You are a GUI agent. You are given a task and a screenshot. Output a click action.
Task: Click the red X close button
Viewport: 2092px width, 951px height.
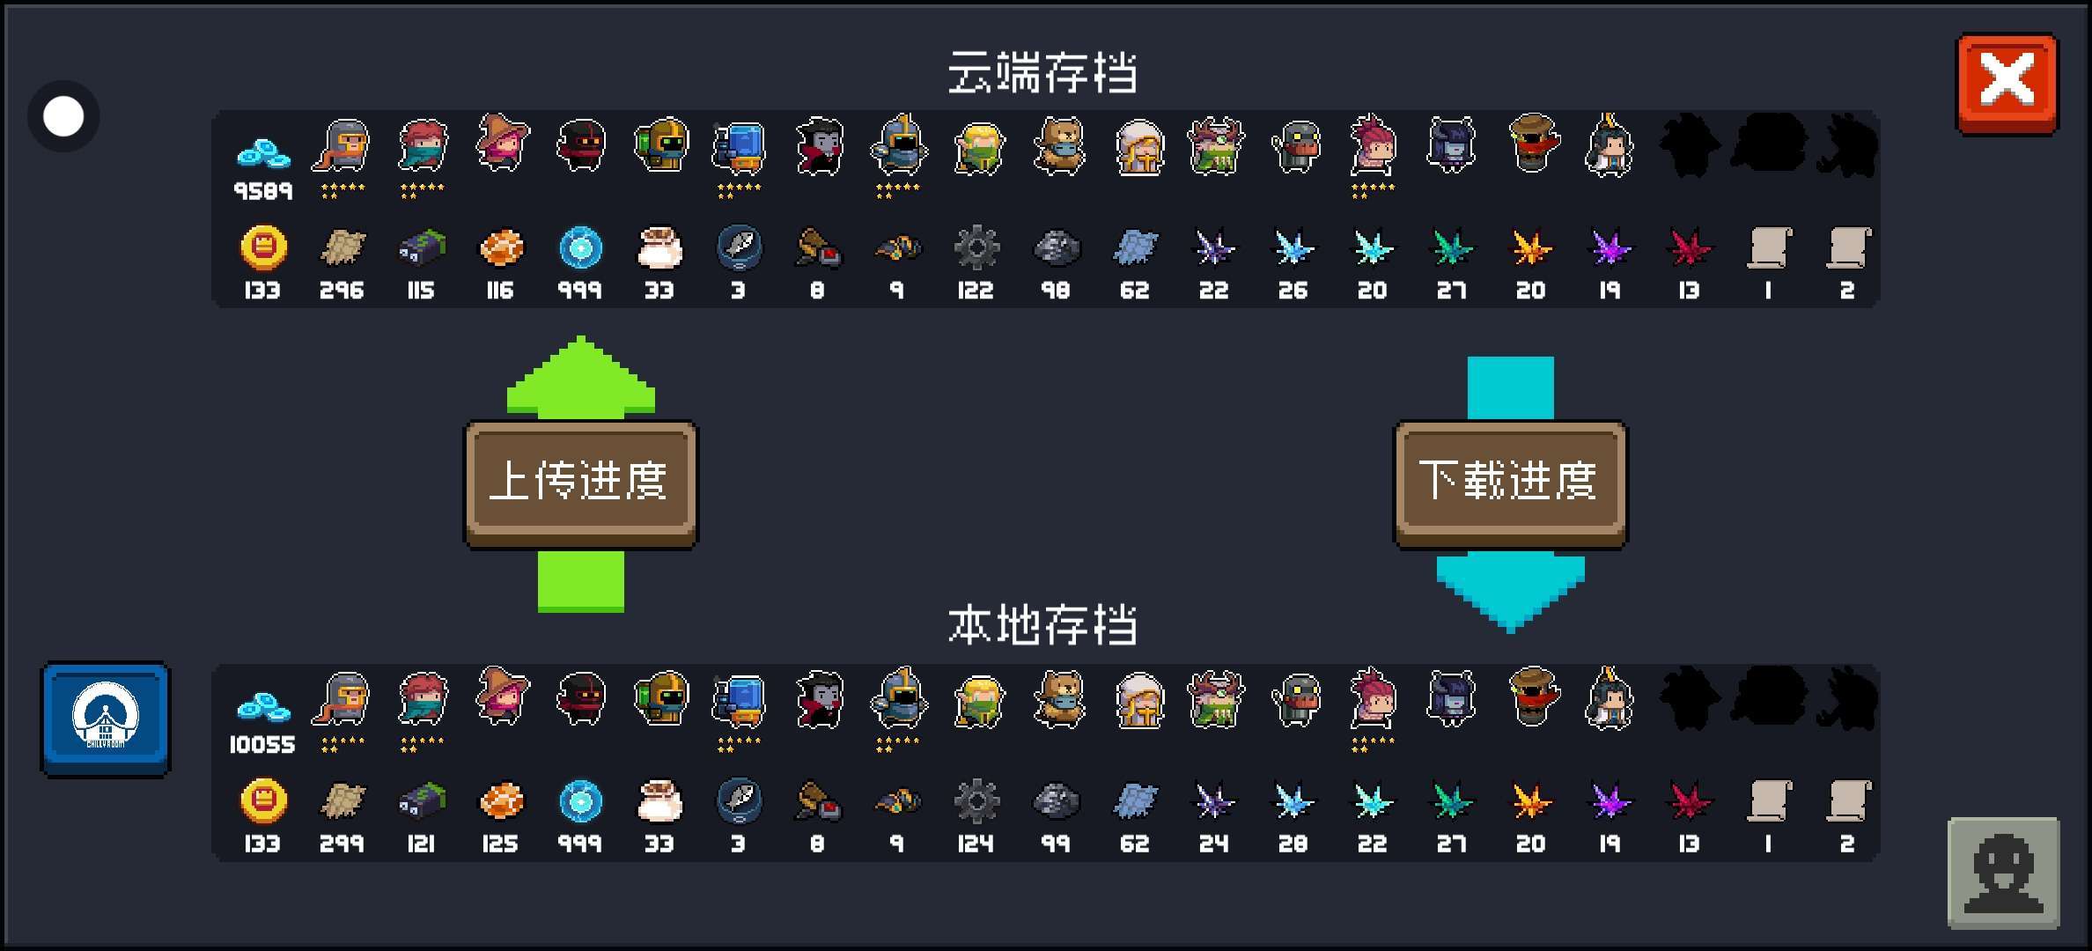click(2007, 83)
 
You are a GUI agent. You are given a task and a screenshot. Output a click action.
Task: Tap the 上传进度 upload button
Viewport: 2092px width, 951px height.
click(580, 483)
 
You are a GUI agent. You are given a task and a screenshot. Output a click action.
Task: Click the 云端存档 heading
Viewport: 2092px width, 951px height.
click(1042, 72)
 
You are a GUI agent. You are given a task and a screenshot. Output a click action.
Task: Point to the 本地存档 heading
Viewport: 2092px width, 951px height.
click(1042, 625)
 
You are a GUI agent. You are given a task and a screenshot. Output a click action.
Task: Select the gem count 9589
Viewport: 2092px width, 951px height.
click(262, 191)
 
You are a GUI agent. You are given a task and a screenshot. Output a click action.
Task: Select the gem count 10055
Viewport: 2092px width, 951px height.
click(262, 745)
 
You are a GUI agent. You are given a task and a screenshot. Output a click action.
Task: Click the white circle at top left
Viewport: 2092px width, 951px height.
click(63, 116)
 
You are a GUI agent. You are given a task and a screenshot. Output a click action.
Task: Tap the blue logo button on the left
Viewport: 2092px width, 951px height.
click(106, 719)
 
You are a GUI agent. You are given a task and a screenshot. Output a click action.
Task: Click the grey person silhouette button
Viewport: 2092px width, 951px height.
click(2003, 873)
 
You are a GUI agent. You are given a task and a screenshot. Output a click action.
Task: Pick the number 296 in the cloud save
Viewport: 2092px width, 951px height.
click(342, 291)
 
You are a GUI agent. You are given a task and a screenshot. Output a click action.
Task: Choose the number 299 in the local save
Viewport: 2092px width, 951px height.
click(342, 844)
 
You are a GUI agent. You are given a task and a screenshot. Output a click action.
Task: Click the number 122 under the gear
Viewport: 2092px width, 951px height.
click(976, 291)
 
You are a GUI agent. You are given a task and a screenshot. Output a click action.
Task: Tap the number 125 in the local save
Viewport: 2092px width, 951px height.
click(500, 844)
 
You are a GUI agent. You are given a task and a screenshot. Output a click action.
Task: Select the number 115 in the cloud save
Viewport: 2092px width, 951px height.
click(421, 291)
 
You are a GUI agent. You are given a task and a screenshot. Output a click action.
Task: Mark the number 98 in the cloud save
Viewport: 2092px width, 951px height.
click(1055, 291)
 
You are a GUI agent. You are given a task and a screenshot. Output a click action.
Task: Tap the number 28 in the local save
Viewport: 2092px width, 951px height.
click(1293, 844)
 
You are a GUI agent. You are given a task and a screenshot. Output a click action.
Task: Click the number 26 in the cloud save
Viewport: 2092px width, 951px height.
click(1293, 291)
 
